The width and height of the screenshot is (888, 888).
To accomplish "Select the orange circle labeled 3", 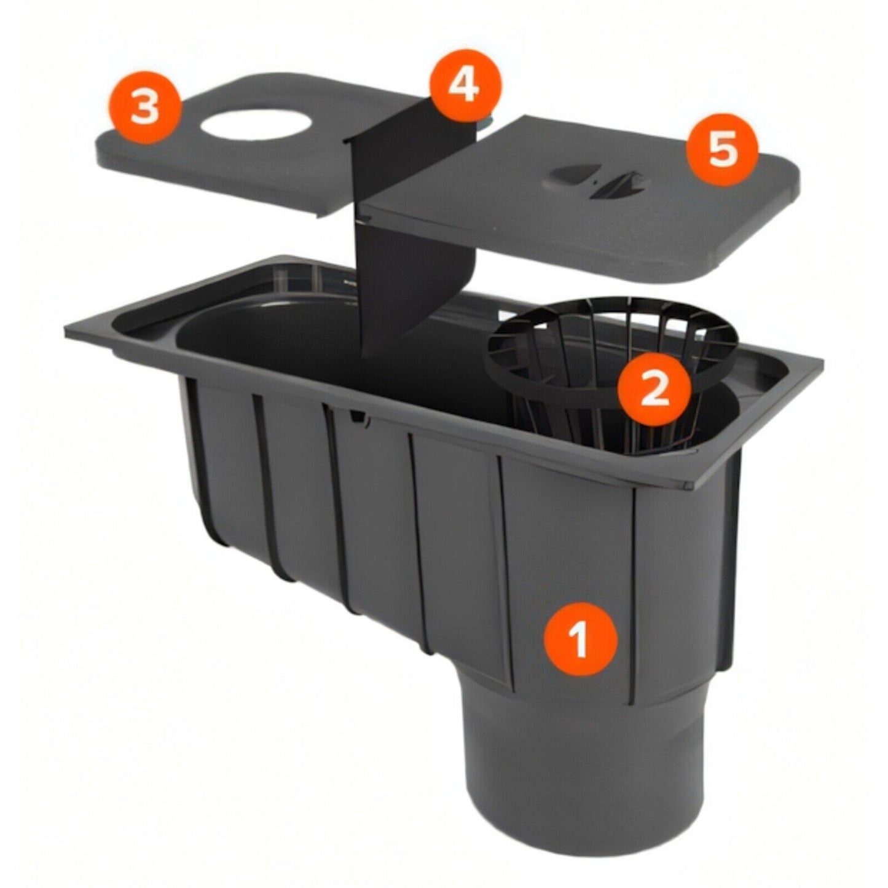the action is (145, 108).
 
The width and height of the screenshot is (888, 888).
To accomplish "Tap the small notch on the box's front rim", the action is (358, 417).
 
